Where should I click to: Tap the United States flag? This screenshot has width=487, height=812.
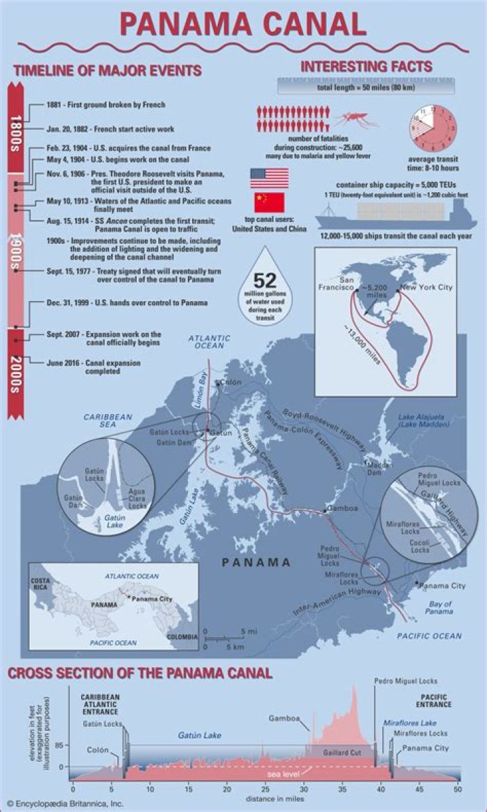coord(269,179)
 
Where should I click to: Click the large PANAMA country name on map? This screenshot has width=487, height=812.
coord(257,562)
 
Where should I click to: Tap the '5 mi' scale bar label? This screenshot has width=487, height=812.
coord(248,631)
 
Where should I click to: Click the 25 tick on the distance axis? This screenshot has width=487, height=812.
coord(264,788)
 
